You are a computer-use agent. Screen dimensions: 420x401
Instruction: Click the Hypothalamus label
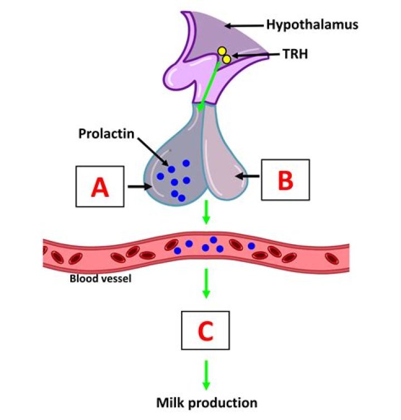click(311, 24)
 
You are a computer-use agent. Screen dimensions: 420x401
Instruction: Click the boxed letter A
click(100, 188)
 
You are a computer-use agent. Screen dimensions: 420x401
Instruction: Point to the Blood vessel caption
click(100, 278)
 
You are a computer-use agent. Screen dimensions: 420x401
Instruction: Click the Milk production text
click(206, 402)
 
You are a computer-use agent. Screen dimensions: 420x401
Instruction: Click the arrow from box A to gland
click(137, 187)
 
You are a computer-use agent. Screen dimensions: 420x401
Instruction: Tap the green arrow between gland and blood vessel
click(206, 213)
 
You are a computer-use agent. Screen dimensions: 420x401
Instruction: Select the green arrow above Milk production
click(206, 374)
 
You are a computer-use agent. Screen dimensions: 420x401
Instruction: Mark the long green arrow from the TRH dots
click(209, 84)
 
